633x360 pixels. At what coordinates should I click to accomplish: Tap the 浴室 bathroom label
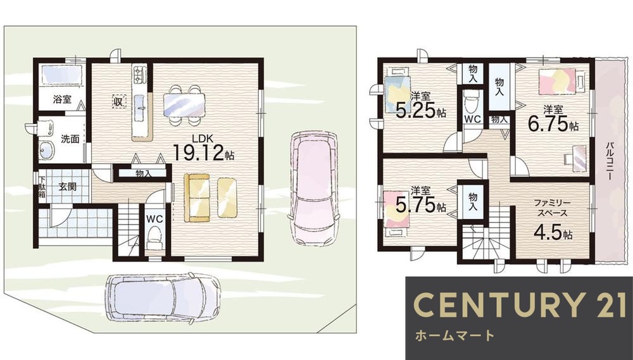pos(61,99)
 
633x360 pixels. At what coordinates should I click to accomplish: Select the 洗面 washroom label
pos(70,139)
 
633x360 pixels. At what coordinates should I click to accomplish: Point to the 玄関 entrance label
pos(68,186)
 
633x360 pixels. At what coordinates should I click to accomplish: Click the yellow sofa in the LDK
pos(197,197)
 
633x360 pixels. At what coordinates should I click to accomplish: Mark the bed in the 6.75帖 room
pos(558,81)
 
